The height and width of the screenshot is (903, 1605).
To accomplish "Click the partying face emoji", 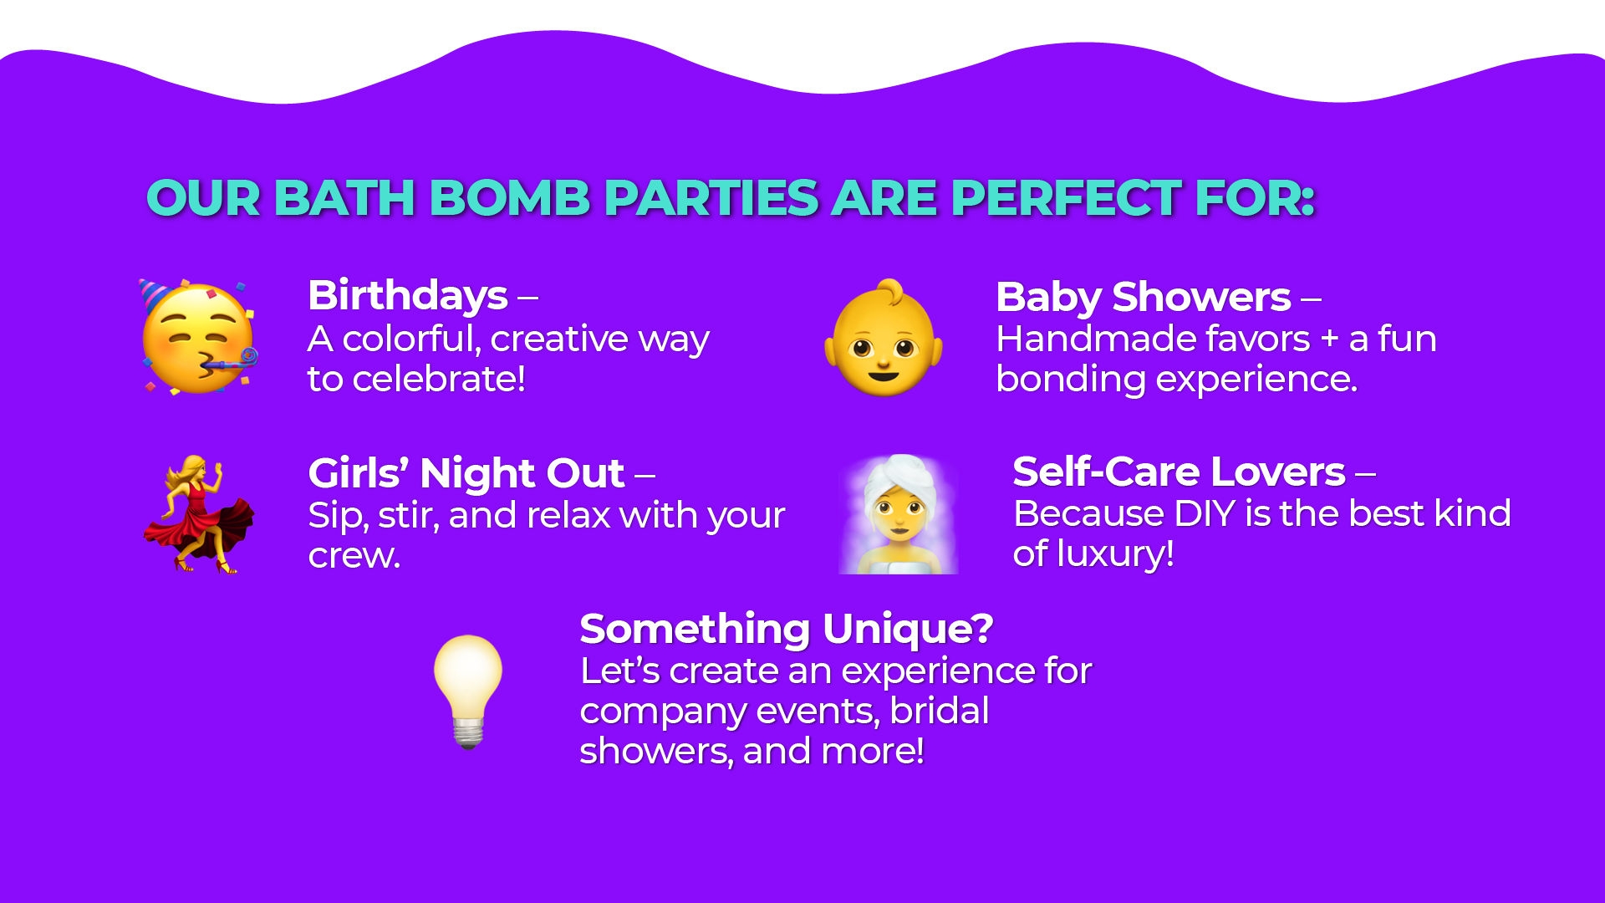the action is (x=199, y=337).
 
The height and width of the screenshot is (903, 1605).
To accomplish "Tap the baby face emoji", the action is (x=884, y=338).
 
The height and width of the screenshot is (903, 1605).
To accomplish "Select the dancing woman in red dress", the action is (x=199, y=514).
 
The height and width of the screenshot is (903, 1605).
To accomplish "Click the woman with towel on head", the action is (x=899, y=514).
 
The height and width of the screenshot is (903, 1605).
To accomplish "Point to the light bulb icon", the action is (x=468, y=691).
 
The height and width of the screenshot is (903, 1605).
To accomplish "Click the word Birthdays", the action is (x=408, y=295).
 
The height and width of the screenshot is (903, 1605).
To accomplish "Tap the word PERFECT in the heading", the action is (x=1067, y=198).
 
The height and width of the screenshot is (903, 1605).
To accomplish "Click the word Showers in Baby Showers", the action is (x=1201, y=297).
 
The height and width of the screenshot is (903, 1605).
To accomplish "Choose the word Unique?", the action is (x=908, y=629).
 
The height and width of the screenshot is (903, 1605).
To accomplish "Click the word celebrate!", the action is (x=439, y=379).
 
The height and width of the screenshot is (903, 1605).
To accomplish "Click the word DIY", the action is (x=1204, y=513).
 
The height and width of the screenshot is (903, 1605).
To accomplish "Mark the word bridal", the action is (x=940, y=711).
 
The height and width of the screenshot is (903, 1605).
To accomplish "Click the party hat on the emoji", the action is (x=155, y=294).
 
